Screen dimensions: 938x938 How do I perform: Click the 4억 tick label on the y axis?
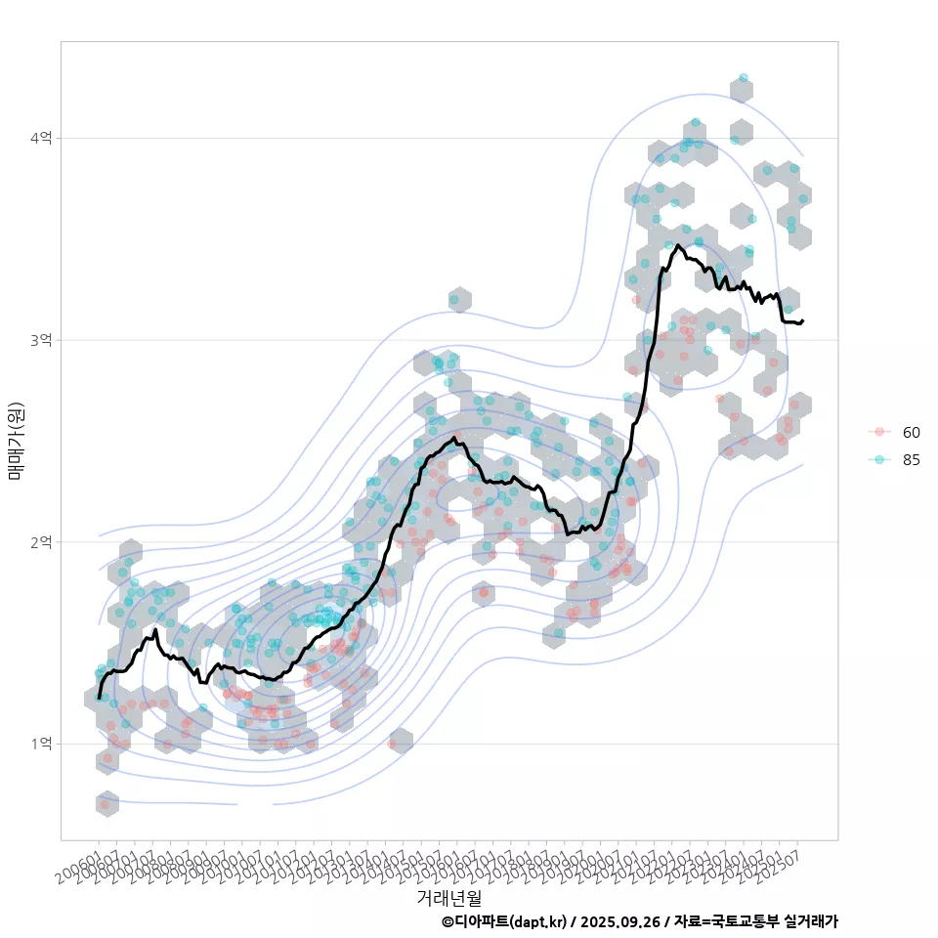42,138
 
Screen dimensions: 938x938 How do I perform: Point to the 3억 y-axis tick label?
42,340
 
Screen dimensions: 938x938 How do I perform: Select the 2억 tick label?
42,541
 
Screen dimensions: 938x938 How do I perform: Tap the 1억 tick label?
42,744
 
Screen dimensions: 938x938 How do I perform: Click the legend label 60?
911,433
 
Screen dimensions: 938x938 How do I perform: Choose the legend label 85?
911,460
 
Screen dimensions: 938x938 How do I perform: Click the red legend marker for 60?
879,433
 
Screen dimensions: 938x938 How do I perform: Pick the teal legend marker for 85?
879,460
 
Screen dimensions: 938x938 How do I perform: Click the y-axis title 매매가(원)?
16,440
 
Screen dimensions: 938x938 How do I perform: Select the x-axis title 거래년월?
448,897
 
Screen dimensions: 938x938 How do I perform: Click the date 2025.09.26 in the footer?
616,921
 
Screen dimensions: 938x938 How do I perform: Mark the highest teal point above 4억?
744,77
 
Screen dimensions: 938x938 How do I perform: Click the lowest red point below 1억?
106,805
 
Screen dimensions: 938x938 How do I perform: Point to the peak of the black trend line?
677,245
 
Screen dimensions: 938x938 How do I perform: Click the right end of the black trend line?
802,320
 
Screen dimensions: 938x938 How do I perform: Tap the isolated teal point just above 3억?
453,298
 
